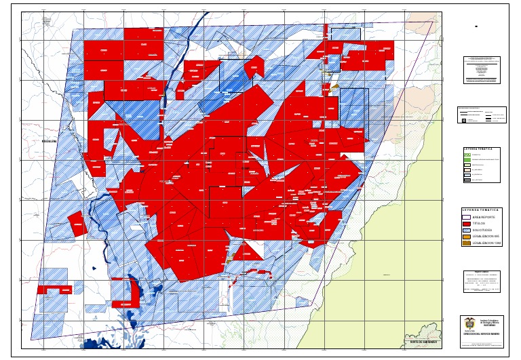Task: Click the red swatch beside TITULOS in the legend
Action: click(466, 223)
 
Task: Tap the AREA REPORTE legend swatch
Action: click(466, 217)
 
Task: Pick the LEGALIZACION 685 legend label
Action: click(487, 236)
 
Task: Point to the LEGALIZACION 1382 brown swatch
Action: click(466, 243)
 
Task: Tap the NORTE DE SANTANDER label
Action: click(423, 341)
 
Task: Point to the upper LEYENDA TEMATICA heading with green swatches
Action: click(482, 148)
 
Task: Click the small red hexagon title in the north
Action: click(254, 66)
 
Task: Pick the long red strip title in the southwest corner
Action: click(55, 289)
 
